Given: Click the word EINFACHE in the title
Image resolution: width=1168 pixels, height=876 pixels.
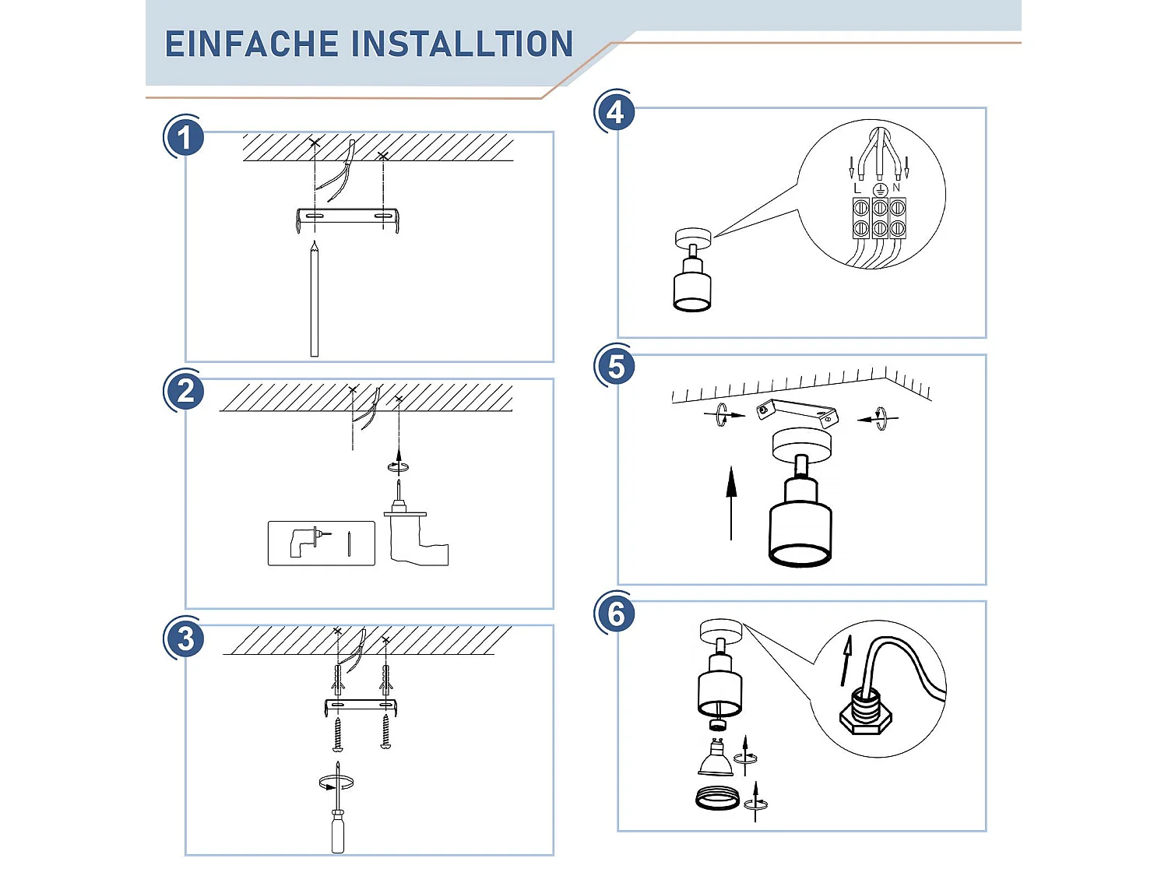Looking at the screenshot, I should point(249,44).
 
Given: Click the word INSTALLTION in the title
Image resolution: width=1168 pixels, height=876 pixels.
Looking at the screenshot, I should point(463,44).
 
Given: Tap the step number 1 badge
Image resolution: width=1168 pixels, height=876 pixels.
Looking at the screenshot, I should point(185,138).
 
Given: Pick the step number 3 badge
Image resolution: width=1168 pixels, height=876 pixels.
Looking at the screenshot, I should point(185,639).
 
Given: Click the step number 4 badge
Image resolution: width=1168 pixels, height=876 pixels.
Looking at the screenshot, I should point(615,113).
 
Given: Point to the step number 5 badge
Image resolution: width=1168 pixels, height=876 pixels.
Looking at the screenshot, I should point(615,367).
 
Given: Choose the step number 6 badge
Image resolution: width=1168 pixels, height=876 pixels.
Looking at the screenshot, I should point(615,614).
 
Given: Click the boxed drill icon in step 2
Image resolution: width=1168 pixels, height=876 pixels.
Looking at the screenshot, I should point(321,543).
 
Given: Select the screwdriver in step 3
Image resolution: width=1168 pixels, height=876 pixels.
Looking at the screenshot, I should point(337,818).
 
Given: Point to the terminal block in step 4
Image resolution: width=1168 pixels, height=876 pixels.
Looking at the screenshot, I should point(879,218).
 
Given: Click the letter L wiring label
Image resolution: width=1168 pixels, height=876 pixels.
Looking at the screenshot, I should point(858,188).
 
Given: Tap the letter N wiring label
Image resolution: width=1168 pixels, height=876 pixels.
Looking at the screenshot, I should point(896,188).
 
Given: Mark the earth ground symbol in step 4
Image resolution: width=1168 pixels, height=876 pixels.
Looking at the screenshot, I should point(880,189).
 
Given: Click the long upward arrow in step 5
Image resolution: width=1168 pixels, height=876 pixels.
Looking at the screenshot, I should point(730,502).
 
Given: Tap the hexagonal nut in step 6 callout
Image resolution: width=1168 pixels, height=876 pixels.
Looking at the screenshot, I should point(865,715).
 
